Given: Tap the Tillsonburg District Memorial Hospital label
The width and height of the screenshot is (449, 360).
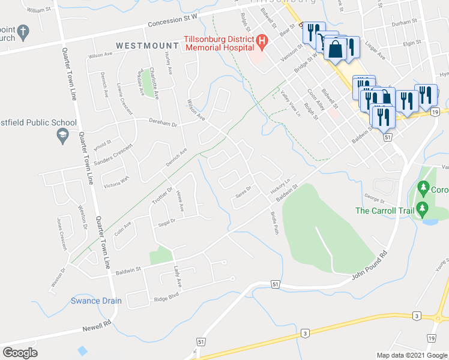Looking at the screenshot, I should click(x=218, y=47).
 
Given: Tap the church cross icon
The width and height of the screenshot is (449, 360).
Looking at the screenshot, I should click(x=23, y=31).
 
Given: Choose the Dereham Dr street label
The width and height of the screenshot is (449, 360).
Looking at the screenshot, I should click(x=164, y=124).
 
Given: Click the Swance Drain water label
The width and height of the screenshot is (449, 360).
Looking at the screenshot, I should click(x=96, y=301).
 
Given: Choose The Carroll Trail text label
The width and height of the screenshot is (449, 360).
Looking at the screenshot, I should click(x=384, y=211).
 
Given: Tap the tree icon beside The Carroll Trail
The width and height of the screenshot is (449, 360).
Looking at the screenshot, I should click(x=423, y=209).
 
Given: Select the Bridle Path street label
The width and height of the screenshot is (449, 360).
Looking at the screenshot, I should click(x=274, y=223).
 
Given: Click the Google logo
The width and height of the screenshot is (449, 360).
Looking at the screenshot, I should click(x=20, y=353).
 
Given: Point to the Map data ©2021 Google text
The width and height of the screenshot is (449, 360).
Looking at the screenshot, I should click(x=411, y=355).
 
